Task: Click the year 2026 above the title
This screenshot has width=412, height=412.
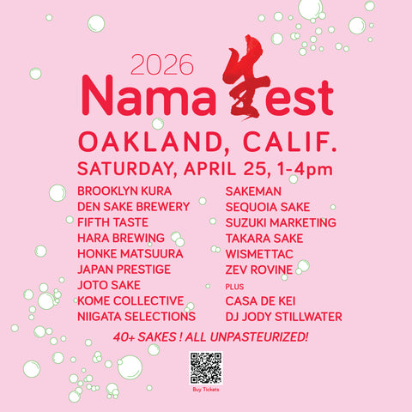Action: pos(162,64)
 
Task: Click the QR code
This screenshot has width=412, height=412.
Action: pos(206,367)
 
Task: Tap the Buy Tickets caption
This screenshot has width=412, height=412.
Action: pos(206,390)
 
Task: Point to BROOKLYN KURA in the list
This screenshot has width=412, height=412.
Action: pos(124,191)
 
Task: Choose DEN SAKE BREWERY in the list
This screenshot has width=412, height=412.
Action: pos(133,207)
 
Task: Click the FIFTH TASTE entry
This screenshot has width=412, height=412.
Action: pos(112,222)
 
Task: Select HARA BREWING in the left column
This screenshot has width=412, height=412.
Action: pos(121,238)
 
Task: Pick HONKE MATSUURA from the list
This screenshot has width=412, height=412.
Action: pos(129,254)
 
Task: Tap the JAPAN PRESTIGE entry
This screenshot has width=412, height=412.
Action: pos(124,270)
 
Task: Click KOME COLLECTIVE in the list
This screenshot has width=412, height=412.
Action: pos(130,301)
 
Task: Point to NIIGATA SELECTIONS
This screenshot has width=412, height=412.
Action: pos(136,317)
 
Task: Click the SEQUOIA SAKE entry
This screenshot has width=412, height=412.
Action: pos(268,207)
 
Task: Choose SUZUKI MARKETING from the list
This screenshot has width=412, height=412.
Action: pos(281,222)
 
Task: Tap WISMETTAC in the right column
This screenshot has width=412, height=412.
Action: pos(261,254)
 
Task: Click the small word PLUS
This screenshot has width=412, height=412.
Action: pos(233,286)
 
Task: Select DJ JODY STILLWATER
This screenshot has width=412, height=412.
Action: pos(283,317)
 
